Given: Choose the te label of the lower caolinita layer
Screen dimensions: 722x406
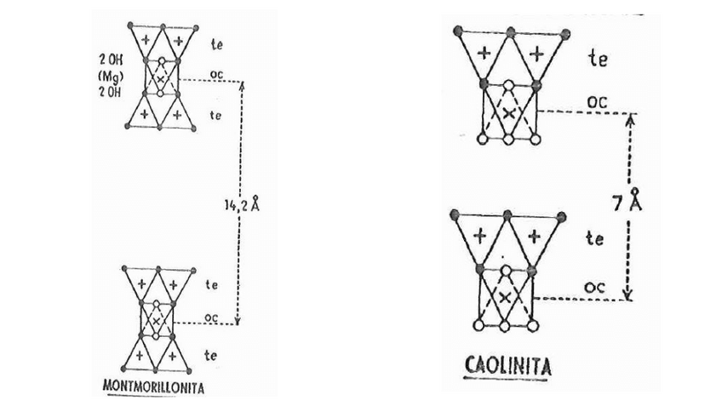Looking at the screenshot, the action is click(596, 240).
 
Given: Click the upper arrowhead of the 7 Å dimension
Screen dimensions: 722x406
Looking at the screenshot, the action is click(630, 117).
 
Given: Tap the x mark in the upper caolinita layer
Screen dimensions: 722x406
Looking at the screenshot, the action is click(507, 112).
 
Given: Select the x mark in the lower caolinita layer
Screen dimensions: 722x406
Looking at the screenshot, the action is click(505, 296).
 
